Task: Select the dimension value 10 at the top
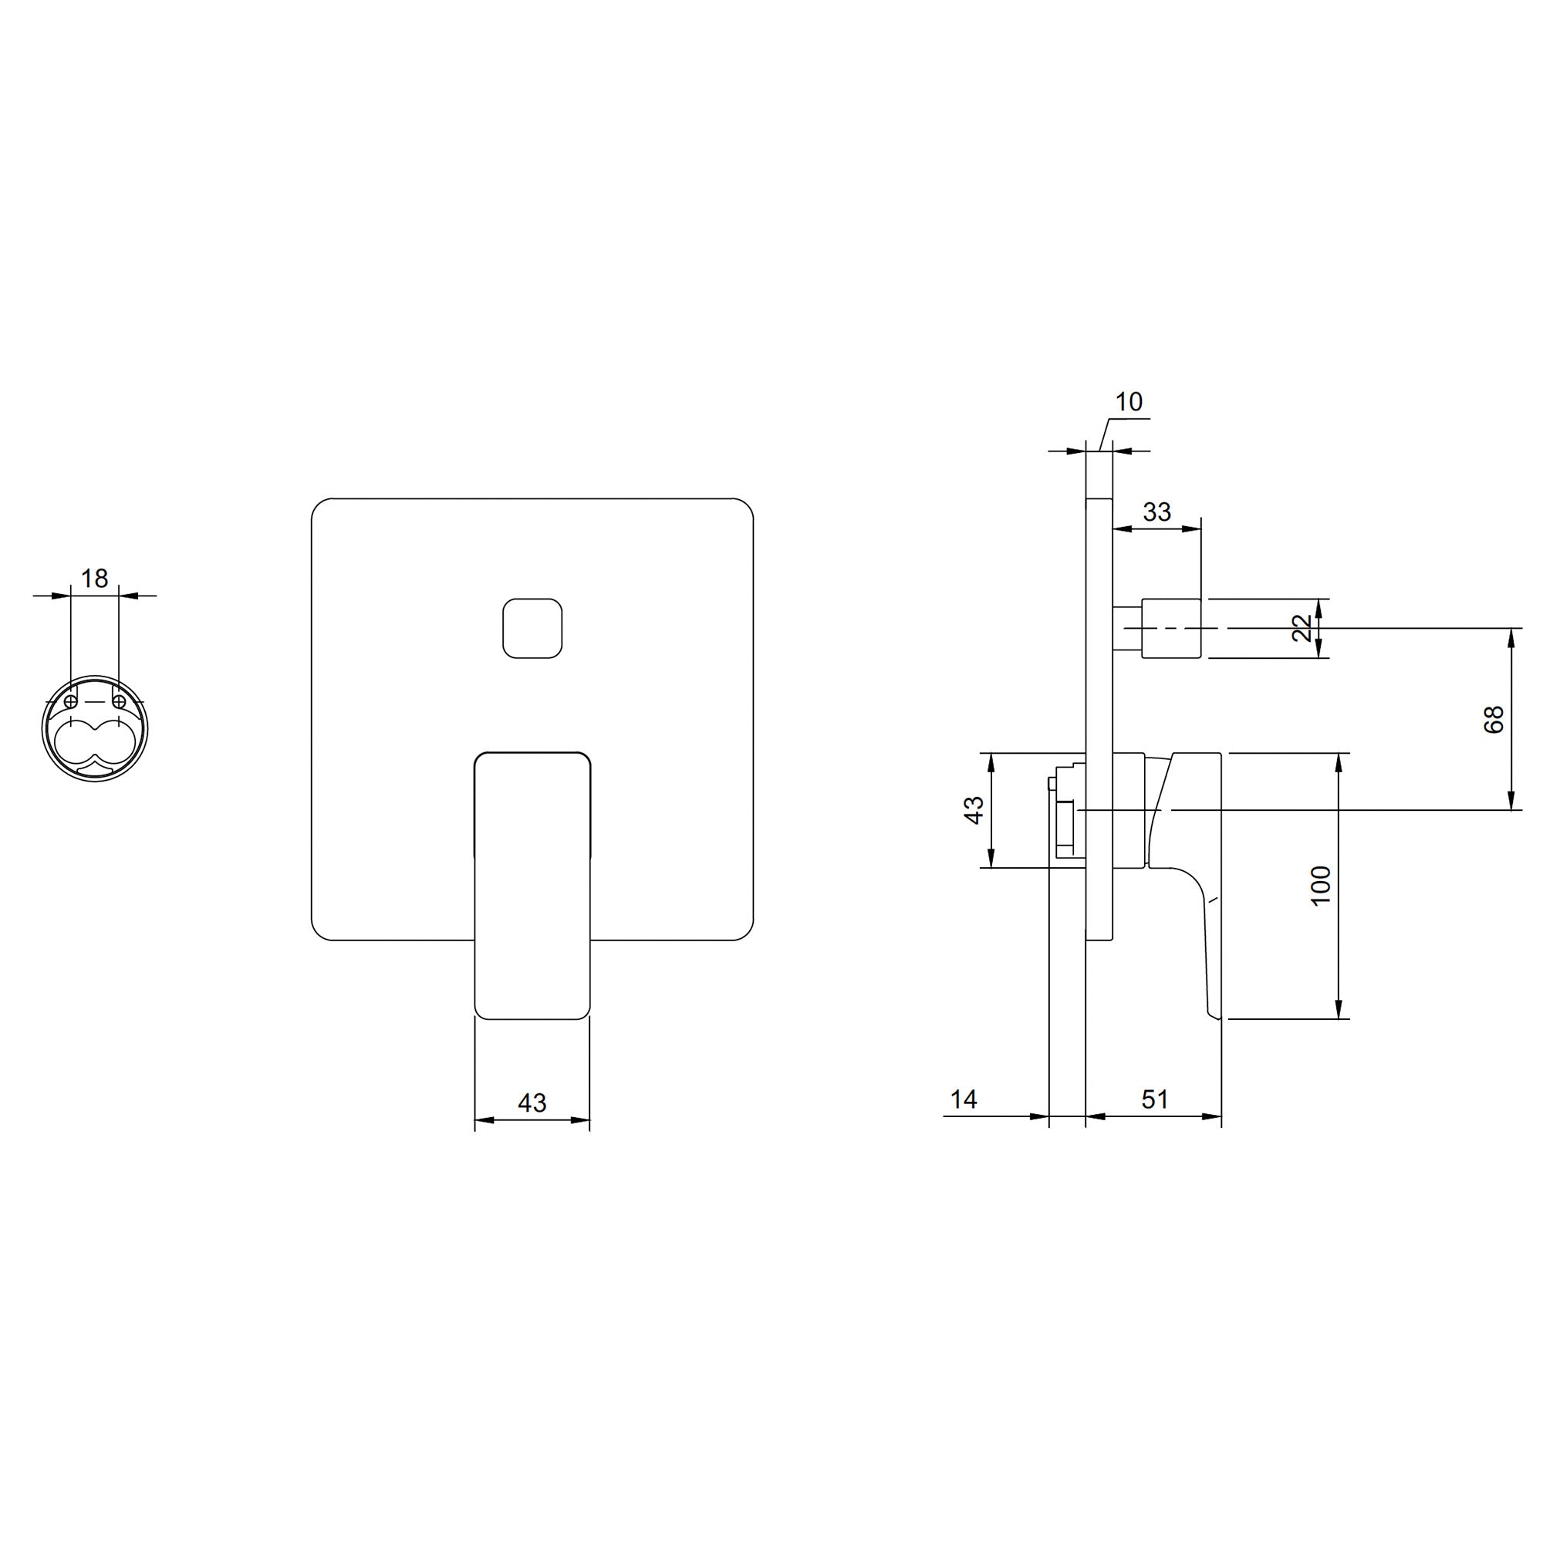click(1129, 402)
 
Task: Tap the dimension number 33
click(1156, 512)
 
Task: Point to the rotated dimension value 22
click(1302, 628)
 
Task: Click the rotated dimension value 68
click(1494, 720)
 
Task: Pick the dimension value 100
click(1321, 885)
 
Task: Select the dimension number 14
click(964, 1099)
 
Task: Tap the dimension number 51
click(1155, 1099)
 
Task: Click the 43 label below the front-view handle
click(532, 1103)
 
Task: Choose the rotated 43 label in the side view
click(974, 810)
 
